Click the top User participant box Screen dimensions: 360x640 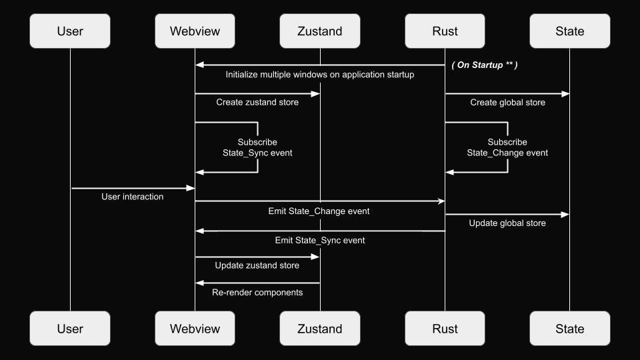click(70, 31)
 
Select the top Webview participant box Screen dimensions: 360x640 click(195, 31)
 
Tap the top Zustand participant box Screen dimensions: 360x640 click(320, 31)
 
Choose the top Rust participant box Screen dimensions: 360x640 click(445, 31)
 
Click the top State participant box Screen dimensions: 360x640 click(569, 31)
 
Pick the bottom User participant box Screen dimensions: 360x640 click(70, 329)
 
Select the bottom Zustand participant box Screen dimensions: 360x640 click(320, 329)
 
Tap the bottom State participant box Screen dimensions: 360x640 click(569, 329)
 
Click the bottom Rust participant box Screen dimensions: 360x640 click(445, 329)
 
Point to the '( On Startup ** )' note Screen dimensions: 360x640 click(485, 65)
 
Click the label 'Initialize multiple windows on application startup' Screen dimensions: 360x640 click(320, 75)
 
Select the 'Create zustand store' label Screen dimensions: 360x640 click(257, 103)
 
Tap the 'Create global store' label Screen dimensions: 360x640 click(507, 103)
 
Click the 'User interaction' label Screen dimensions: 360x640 click(132, 197)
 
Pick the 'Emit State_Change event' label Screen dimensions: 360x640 click(319, 211)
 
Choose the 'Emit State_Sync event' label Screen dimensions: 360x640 click(320, 240)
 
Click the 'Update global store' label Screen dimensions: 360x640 click(507, 223)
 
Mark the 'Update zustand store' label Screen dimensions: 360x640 click(257, 265)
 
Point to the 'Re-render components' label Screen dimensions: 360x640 click(257, 293)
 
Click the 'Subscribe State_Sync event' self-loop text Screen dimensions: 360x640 click(257, 147)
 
